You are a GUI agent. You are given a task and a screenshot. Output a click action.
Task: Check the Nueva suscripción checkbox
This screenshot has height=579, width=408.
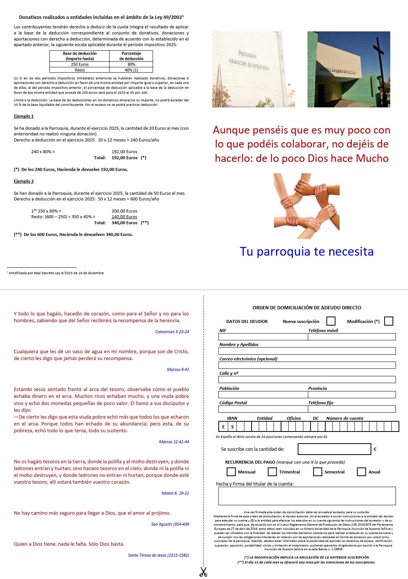pos(331,321)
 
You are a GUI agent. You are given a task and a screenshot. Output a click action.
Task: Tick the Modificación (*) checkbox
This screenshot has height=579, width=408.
pos(388,321)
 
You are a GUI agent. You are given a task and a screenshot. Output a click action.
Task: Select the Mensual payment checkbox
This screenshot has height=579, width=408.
pos(231,472)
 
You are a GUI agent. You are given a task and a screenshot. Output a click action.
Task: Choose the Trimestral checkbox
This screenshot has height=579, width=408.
pos(272,472)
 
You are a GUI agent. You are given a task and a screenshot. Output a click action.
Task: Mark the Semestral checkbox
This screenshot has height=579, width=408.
pos(317,472)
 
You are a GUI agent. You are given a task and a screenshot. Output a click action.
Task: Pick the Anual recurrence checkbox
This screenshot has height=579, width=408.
pos(362,472)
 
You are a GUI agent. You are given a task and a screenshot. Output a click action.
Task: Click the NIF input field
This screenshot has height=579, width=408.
pos(263,337)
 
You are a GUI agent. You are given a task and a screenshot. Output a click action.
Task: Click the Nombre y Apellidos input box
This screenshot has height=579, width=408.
pos(307,351)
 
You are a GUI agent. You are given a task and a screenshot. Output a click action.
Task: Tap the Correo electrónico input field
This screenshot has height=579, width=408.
pos(307,365)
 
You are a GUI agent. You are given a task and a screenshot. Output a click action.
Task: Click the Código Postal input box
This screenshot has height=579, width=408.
pos(263,409)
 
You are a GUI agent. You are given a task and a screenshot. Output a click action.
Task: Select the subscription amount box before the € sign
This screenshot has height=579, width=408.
pos(334,449)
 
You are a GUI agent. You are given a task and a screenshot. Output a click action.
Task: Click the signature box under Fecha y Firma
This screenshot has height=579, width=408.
pos(307,496)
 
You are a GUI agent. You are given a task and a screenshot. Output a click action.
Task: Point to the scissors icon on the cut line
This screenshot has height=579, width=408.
pos(203,571)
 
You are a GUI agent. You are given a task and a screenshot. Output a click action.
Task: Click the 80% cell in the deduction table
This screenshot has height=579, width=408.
pos(131,64)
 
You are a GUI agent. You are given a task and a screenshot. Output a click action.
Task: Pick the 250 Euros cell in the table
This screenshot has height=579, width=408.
pos(80,64)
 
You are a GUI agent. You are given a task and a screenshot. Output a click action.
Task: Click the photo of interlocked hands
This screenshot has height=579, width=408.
pos(306,206)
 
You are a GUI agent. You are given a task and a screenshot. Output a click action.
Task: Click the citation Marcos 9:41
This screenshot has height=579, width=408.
pos(178,369)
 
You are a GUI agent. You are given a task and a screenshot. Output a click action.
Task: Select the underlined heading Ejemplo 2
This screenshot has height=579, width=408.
pos(24,181)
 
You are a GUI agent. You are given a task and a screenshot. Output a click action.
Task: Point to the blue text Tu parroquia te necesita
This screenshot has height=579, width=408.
pos(306,251)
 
